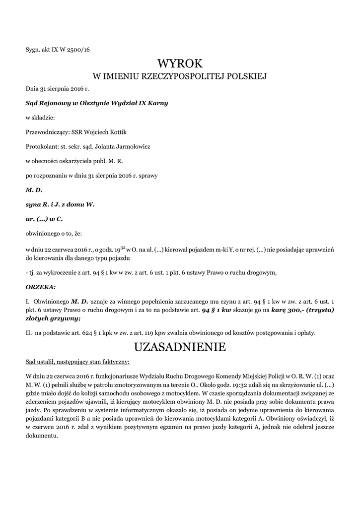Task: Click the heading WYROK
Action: [180, 64]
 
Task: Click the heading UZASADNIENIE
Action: [180, 347]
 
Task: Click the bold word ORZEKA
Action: [40, 287]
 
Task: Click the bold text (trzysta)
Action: [316, 310]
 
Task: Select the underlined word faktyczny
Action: [114, 362]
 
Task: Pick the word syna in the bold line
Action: [32, 203]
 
